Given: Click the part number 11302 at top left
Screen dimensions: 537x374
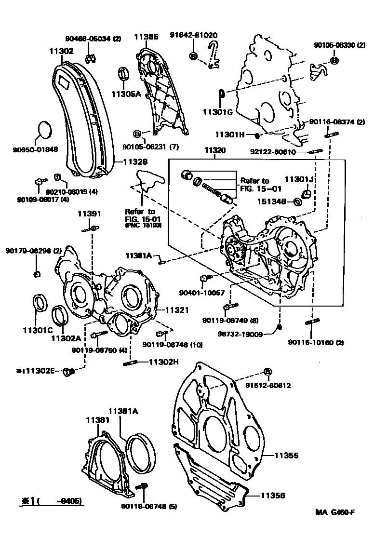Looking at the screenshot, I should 61,50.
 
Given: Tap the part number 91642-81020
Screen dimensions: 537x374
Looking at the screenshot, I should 193,35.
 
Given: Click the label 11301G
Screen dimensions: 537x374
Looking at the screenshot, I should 217,112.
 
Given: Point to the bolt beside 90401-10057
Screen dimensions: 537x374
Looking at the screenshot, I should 205,278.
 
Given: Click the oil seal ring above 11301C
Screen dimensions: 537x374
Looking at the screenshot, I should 40,303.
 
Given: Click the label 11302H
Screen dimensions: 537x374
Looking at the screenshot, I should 163,362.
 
